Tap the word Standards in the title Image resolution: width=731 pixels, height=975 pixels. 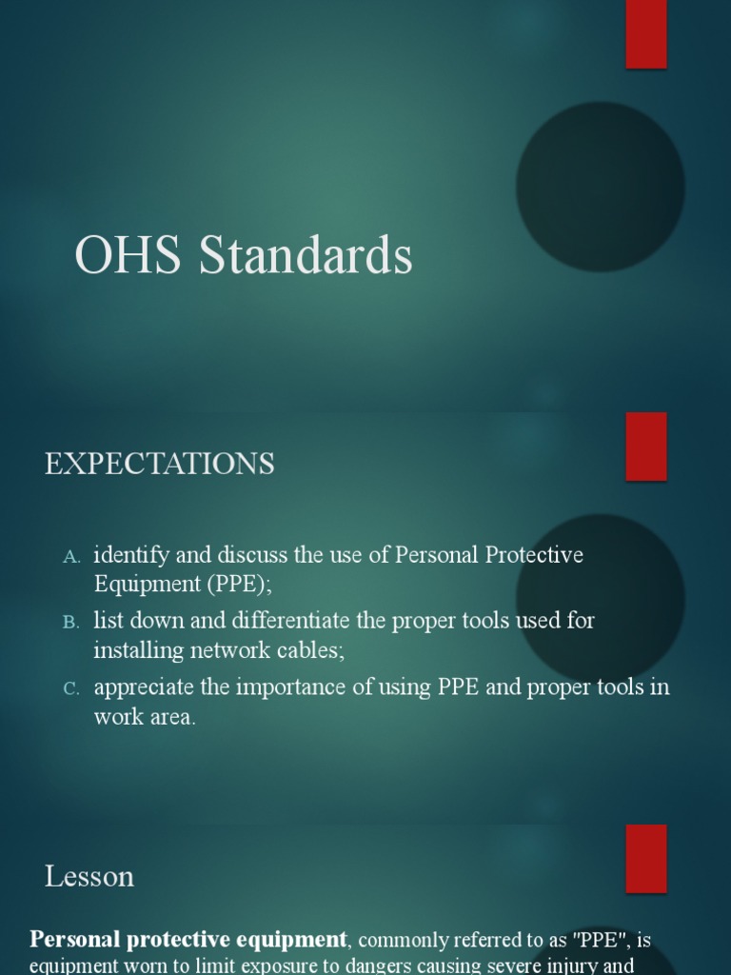point(306,256)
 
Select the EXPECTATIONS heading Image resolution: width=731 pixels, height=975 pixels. point(160,464)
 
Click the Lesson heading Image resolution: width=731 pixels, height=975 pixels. point(89,876)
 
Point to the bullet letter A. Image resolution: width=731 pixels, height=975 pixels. point(72,556)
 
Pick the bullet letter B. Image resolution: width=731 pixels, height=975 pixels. point(72,623)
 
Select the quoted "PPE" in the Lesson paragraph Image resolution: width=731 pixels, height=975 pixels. point(598,940)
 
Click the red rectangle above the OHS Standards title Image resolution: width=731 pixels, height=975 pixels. point(646,34)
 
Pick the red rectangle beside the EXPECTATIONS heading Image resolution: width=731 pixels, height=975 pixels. point(646,446)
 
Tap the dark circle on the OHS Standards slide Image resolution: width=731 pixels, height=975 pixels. point(601,187)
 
